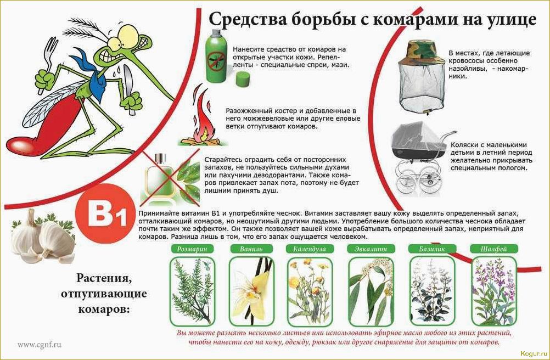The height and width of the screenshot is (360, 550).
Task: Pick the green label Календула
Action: pyautogui.click(x=310, y=249)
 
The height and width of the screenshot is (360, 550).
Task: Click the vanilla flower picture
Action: pyautogui.click(x=250, y=290)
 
